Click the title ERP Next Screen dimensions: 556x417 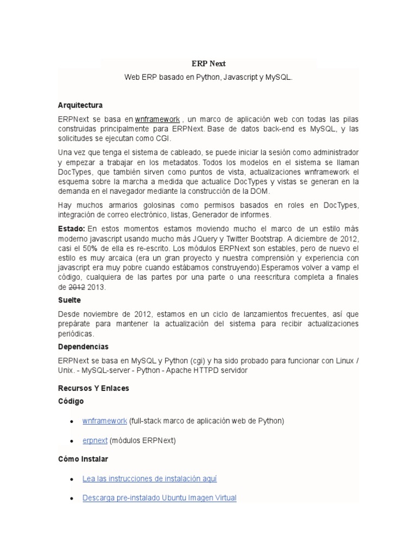click(208, 64)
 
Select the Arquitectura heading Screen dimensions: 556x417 click(80, 105)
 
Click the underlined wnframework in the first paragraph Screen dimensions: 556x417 click(157, 119)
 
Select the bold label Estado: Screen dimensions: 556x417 click(71, 229)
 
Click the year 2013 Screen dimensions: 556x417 click(96, 287)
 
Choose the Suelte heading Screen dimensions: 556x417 click(69, 300)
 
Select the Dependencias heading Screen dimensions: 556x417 click(83, 346)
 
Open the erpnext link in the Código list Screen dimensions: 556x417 click(94, 440)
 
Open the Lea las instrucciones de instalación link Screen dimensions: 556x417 click(149, 478)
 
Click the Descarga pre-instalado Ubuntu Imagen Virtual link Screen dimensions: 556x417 click(159, 497)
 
